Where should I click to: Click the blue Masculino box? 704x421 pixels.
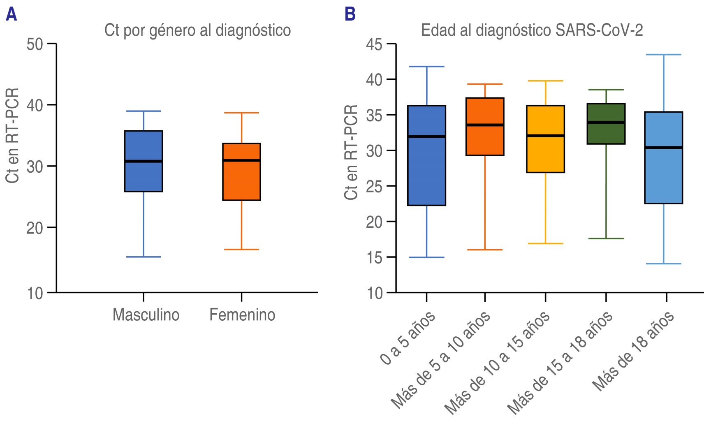[x=144, y=161]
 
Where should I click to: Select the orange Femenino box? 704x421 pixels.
[x=241, y=172]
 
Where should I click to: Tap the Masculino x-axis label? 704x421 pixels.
[x=146, y=315]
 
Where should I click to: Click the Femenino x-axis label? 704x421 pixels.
[x=242, y=315]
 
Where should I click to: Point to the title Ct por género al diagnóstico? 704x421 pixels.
[x=197, y=30]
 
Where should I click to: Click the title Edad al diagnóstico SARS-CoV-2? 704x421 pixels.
[x=532, y=30]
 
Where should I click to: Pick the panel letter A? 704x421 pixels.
[x=11, y=14]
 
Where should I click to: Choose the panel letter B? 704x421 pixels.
[x=350, y=14]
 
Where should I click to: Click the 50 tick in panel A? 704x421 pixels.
[x=35, y=44]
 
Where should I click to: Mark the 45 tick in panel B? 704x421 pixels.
[x=374, y=44]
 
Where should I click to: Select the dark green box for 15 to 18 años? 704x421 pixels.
[x=606, y=124]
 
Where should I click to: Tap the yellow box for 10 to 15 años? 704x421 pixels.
[x=545, y=139]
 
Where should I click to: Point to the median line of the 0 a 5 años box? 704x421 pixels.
[x=427, y=136]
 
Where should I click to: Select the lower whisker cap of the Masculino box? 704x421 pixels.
[x=144, y=257]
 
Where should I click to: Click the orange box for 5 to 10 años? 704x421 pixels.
[x=485, y=127]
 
